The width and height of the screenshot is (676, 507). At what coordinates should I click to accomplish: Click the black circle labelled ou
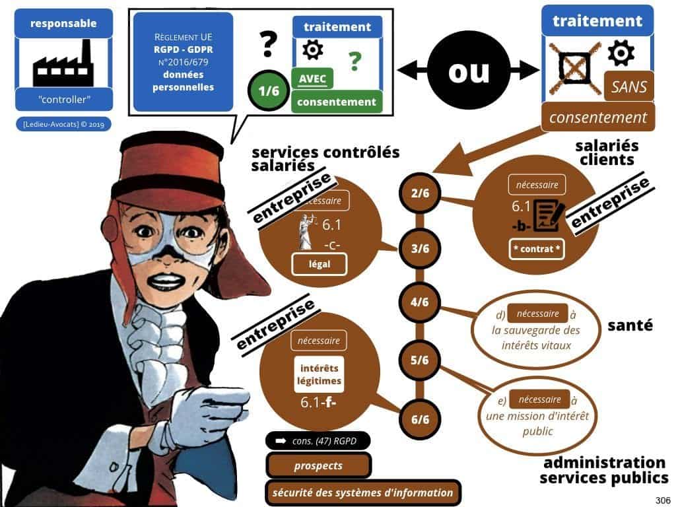pyautogui.click(x=468, y=72)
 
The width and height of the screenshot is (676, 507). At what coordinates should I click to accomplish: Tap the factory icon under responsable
pyautogui.click(x=63, y=62)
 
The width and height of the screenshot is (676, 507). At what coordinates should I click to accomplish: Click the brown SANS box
pyautogui.click(x=629, y=86)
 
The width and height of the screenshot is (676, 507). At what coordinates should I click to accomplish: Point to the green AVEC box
pyautogui.click(x=312, y=79)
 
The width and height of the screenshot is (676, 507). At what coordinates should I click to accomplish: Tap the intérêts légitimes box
pyautogui.click(x=320, y=374)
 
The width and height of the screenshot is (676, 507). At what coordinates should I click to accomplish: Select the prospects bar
pyautogui.click(x=319, y=465)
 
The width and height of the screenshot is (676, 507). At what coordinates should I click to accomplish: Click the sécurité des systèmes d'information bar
pyautogui.click(x=362, y=492)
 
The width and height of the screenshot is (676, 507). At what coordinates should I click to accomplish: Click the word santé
pyautogui.click(x=630, y=325)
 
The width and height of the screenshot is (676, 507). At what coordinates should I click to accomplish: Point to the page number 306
pyautogui.click(x=660, y=499)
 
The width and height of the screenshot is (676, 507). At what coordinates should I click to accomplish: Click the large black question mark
pyautogui.click(x=267, y=44)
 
